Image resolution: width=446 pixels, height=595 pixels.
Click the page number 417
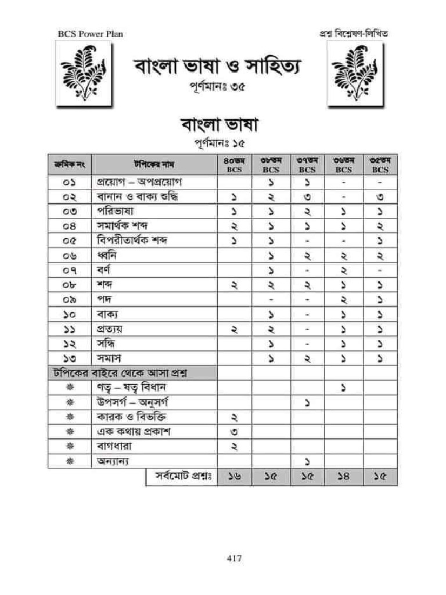(x=234, y=558)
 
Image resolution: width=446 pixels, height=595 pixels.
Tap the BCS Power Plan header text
(x=90, y=34)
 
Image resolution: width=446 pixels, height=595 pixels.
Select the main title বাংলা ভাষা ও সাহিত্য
(x=220, y=67)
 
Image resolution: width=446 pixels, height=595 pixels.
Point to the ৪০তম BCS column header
(x=235, y=164)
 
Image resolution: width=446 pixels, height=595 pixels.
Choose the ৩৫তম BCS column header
(x=380, y=164)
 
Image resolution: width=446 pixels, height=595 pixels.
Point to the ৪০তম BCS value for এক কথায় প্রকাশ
(x=235, y=432)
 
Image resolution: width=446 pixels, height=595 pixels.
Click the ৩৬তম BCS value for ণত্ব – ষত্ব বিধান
(x=343, y=388)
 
